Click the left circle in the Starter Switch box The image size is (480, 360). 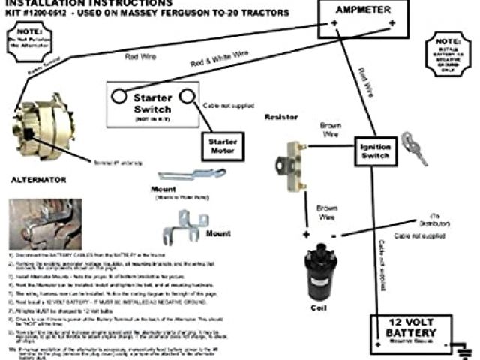point(119,95)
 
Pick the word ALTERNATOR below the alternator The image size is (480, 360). point(38,180)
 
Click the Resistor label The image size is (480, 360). point(281,118)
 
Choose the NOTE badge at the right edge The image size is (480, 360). point(448,52)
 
